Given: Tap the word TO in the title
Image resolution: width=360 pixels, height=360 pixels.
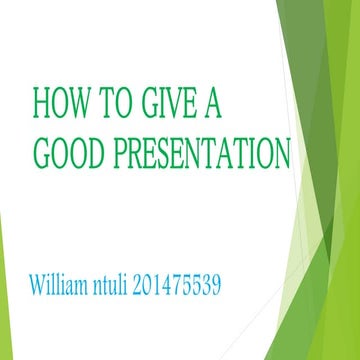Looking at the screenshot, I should coord(117,104).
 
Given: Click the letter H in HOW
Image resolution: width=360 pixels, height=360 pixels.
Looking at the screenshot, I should coord(42,104).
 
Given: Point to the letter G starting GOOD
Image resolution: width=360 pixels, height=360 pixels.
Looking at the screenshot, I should coord(41,151).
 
